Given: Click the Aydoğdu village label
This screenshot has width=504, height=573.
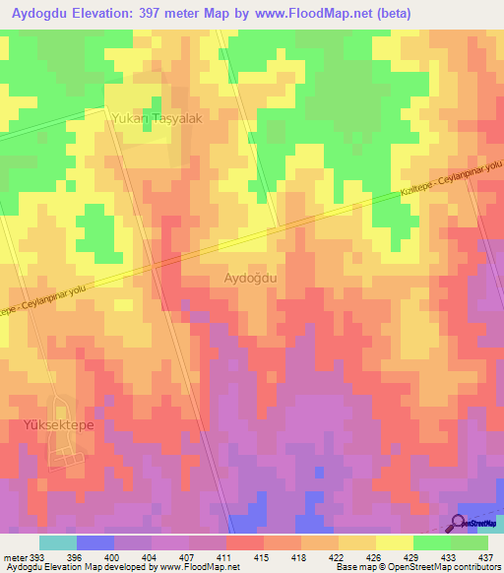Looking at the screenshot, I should click(x=251, y=279).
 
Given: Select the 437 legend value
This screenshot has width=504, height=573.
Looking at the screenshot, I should click(x=484, y=556).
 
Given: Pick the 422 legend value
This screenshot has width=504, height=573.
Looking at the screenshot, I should click(x=336, y=556).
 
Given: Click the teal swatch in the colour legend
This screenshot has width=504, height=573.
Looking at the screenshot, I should click(x=57, y=542).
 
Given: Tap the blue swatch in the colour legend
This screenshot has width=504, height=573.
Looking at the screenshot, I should click(x=94, y=542).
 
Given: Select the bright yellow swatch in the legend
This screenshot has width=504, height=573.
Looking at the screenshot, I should click(x=394, y=542).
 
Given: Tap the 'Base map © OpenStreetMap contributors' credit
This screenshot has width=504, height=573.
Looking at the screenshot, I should click(x=415, y=567).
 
